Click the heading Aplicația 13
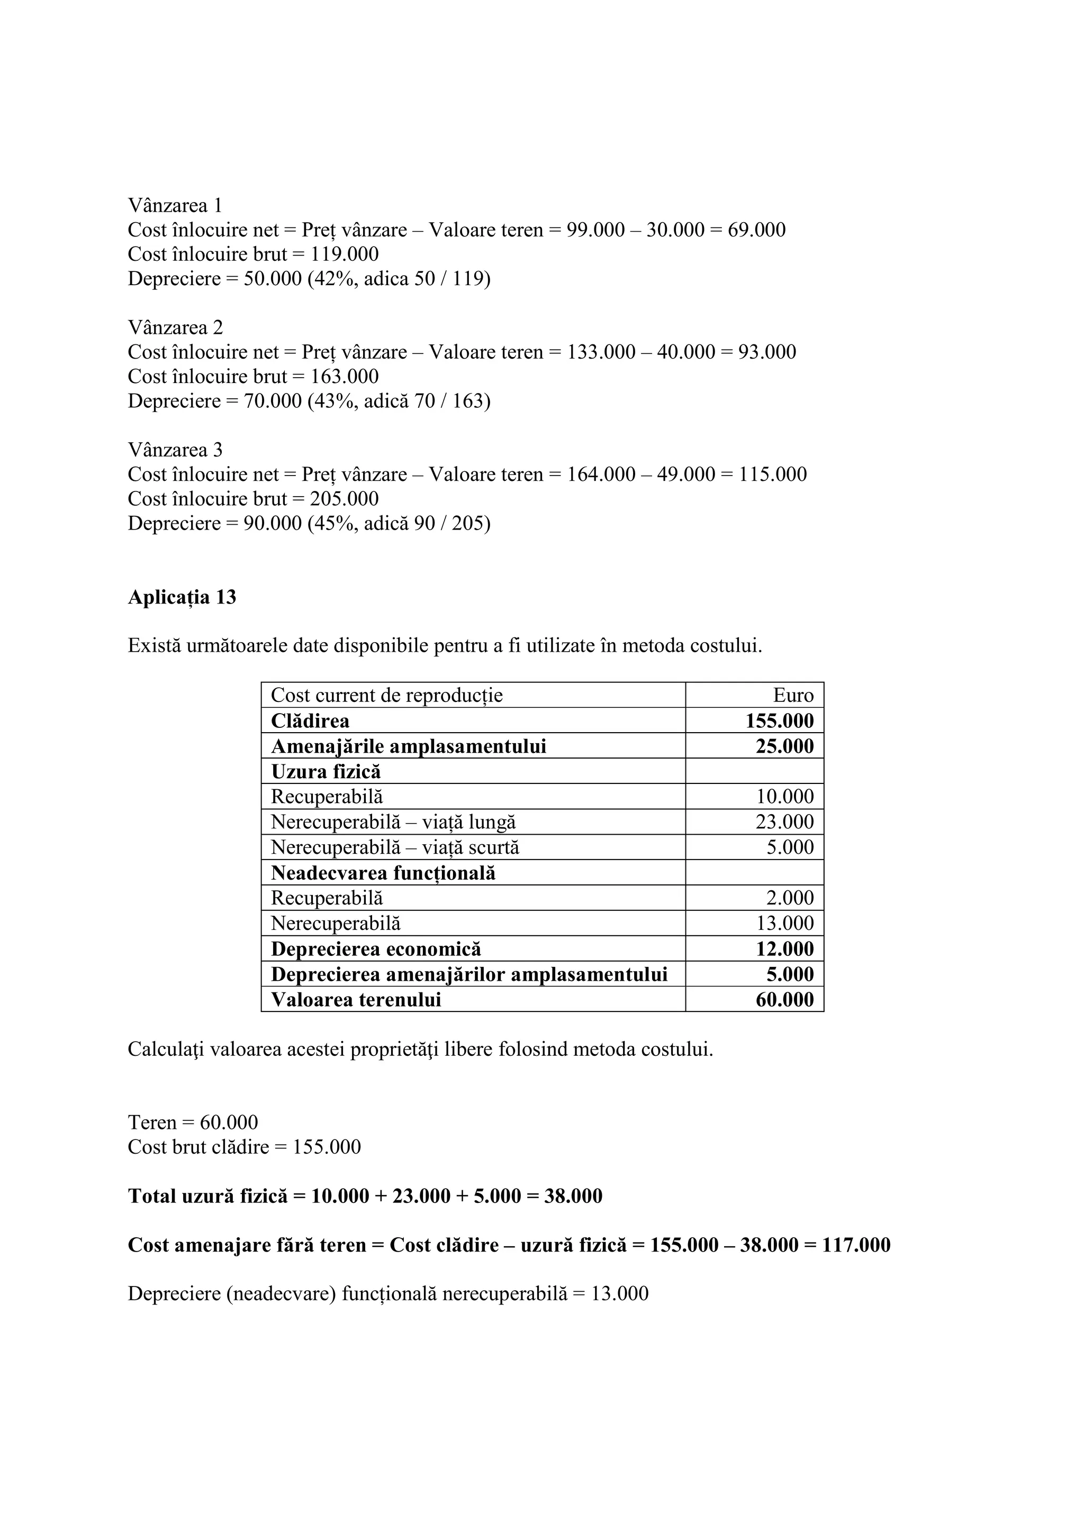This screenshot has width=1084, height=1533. tap(182, 597)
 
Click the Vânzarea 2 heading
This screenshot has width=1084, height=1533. tap(175, 328)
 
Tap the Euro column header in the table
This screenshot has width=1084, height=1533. tap(793, 696)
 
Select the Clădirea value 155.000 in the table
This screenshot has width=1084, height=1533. tap(780, 721)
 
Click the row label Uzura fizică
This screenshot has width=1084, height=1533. tap(326, 772)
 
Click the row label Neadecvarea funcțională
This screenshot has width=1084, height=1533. tap(383, 873)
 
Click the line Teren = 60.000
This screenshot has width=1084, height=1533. tap(192, 1123)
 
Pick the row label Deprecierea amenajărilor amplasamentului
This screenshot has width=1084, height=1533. tap(469, 974)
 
